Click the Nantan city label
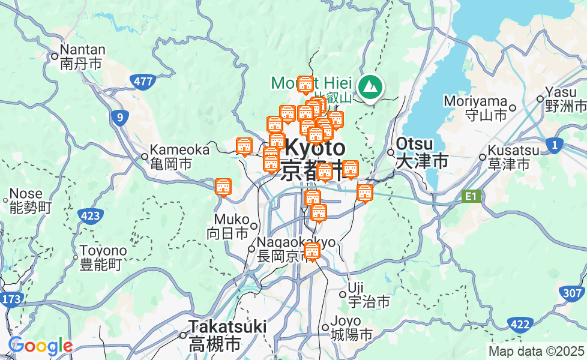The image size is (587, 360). pos(83,57)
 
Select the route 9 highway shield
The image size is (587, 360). pos(120,118)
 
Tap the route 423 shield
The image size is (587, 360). pos(89,217)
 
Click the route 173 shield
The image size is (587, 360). pos(11,299)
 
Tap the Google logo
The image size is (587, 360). pos(40,346)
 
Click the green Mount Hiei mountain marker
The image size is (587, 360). pos(370,88)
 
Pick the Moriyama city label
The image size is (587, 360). pos(477,107)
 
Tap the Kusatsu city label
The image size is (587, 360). pos(510,157)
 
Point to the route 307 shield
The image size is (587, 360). pos(574,293)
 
